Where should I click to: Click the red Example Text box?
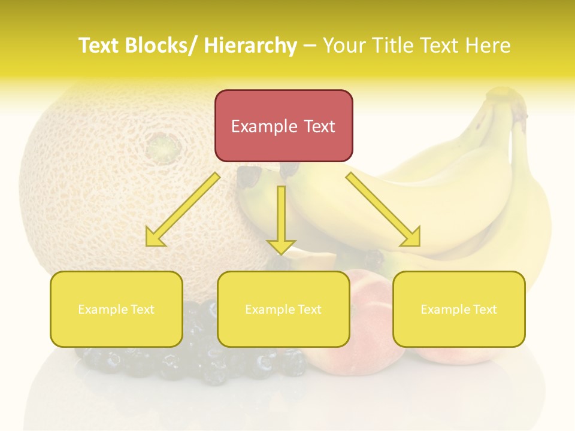tap(283, 126)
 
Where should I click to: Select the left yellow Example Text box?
tap(116, 309)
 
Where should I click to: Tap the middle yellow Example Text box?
tap(283, 309)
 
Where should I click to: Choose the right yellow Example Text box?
tap(459, 309)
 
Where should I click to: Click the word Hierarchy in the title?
tap(250, 45)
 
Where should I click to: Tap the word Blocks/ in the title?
tap(162, 45)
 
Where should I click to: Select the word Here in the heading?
tap(486, 45)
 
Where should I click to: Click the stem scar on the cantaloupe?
tap(163, 145)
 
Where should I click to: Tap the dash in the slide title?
tap(310, 45)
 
